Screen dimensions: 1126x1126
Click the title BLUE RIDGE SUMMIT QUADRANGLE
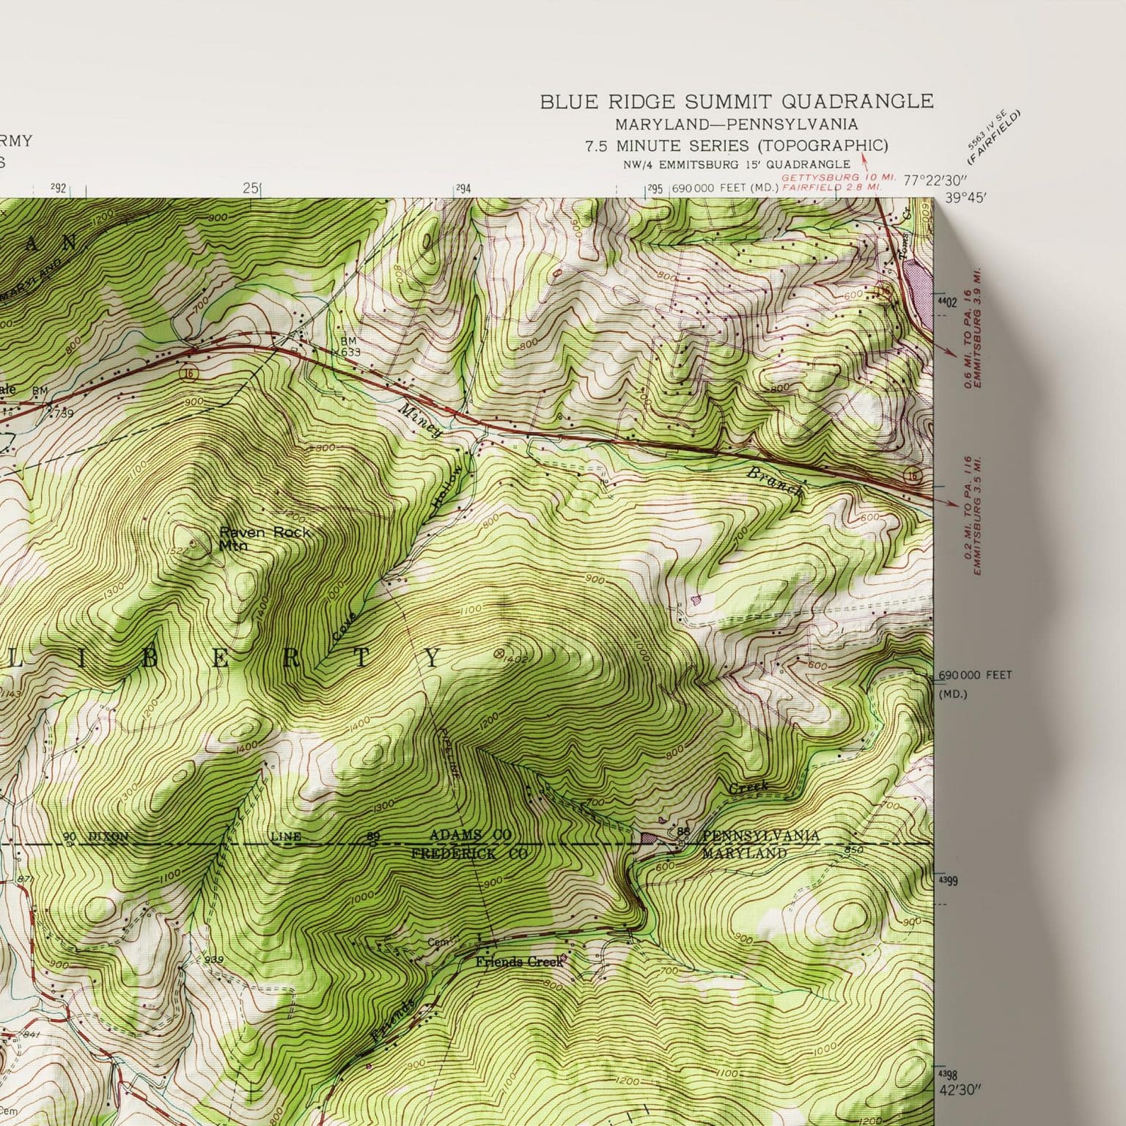[x=737, y=101]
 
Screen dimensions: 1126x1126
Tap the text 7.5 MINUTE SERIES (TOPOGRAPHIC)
[x=736, y=145]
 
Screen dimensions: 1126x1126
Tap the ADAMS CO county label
[x=470, y=836]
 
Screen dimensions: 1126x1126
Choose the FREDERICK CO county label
[x=469, y=854]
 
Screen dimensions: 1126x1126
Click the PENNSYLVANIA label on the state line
[x=760, y=836]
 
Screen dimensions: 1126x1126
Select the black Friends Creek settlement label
[x=519, y=961]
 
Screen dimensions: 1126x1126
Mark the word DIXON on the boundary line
[x=108, y=836]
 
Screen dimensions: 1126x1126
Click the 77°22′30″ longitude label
[x=936, y=180]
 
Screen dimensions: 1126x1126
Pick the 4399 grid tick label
[x=947, y=881]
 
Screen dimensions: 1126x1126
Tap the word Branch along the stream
[x=774, y=485]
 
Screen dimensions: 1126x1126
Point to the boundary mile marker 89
[x=373, y=837]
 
